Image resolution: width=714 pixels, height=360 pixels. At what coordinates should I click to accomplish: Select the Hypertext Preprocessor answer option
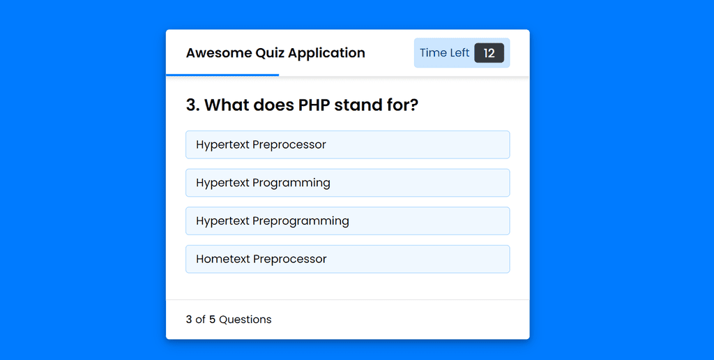tap(347, 145)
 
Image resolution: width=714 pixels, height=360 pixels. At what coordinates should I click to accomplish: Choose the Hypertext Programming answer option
tap(347, 183)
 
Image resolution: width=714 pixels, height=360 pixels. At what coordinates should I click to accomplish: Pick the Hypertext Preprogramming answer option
tap(347, 221)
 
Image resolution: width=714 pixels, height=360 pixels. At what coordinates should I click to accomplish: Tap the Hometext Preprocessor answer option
tap(347, 260)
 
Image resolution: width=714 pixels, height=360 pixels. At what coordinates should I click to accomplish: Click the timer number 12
tap(489, 53)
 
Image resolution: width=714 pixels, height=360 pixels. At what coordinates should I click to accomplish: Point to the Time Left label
tap(444, 53)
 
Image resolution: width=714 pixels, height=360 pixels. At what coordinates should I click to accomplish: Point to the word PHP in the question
tap(314, 105)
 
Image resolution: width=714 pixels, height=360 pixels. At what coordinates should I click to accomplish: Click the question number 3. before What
tap(193, 105)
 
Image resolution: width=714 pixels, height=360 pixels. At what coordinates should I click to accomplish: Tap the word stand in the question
tap(356, 105)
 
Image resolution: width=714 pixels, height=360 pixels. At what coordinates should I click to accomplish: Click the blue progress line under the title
tap(222, 75)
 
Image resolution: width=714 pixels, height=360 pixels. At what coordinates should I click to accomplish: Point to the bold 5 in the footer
tap(212, 320)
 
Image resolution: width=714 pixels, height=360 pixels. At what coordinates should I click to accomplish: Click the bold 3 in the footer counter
tap(189, 320)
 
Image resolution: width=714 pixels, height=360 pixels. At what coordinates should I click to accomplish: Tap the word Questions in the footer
tap(245, 320)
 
